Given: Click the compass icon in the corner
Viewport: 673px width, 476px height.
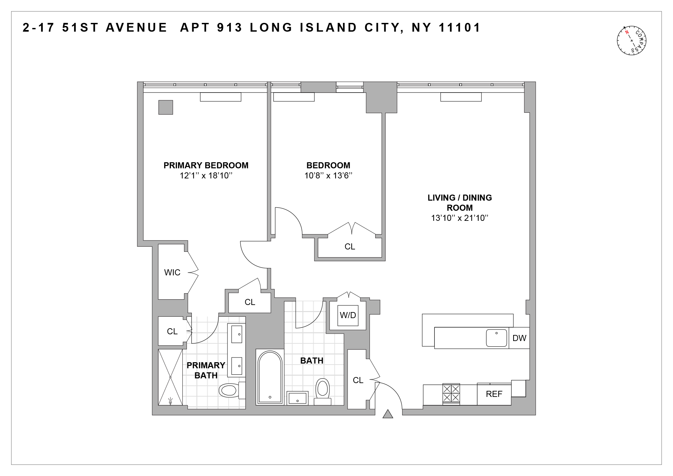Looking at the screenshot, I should tap(632, 40).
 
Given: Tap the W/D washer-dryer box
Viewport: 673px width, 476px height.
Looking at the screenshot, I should tap(348, 315).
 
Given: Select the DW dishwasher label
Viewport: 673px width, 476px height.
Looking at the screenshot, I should tap(519, 338).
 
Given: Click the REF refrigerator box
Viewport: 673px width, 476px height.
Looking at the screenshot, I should tap(494, 394).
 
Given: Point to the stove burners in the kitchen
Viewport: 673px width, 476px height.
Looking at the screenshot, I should tap(451, 393).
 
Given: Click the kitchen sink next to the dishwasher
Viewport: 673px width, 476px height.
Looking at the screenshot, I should tap(496, 338).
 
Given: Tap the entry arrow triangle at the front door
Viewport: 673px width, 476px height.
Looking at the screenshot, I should tap(388, 414).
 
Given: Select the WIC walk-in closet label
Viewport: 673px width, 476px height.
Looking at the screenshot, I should tap(172, 272).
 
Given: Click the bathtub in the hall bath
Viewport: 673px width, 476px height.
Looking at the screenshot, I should tap(270, 377).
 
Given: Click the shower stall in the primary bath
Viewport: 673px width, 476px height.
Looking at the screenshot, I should tap(171, 377).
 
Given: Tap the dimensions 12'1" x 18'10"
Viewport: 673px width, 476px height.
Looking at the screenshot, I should tap(206, 175).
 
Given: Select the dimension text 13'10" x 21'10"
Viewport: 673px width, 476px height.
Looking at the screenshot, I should tap(460, 218).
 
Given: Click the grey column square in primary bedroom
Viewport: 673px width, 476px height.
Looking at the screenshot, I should tap(166, 107).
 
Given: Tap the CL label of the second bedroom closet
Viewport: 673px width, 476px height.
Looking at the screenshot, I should tap(350, 247).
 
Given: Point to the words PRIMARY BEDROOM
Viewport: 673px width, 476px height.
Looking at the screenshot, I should tap(206, 165).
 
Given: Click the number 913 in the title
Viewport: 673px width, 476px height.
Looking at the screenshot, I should tap(230, 28).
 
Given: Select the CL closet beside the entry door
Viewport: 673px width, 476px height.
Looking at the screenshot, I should tap(358, 380).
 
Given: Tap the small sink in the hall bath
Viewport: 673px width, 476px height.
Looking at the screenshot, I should tap(297, 398).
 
